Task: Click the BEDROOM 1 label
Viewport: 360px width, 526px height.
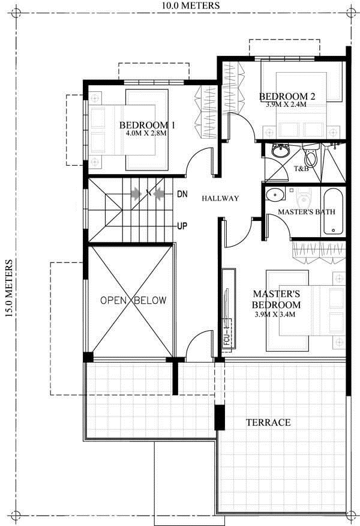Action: tap(147, 125)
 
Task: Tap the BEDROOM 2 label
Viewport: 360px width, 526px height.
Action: tap(287, 97)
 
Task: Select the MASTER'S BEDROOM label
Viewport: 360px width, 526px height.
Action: tap(277, 299)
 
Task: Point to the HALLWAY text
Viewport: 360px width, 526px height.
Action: tap(221, 198)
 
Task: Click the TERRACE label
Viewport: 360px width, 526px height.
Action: tap(268, 422)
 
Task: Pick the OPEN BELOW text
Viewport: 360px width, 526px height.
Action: tap(133, 300)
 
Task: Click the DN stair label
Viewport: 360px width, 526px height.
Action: tap(182, 194)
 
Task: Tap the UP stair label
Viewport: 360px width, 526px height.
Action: tap(182, 226)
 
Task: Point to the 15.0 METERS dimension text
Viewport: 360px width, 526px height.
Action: tap(9, 288)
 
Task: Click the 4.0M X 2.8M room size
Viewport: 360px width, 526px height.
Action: tap(146, 133)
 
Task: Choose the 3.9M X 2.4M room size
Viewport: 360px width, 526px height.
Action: tap(286, 104)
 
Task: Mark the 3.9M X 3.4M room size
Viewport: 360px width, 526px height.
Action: tap(275, 315)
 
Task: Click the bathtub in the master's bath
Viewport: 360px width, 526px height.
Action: tap(334, 211)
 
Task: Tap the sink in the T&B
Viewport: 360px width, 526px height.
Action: tap(280, 151)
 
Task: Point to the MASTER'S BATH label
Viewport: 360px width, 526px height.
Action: tap(307, 212)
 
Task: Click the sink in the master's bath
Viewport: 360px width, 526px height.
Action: tap(275, 194)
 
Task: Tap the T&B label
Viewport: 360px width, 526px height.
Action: tap(301, 169)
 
